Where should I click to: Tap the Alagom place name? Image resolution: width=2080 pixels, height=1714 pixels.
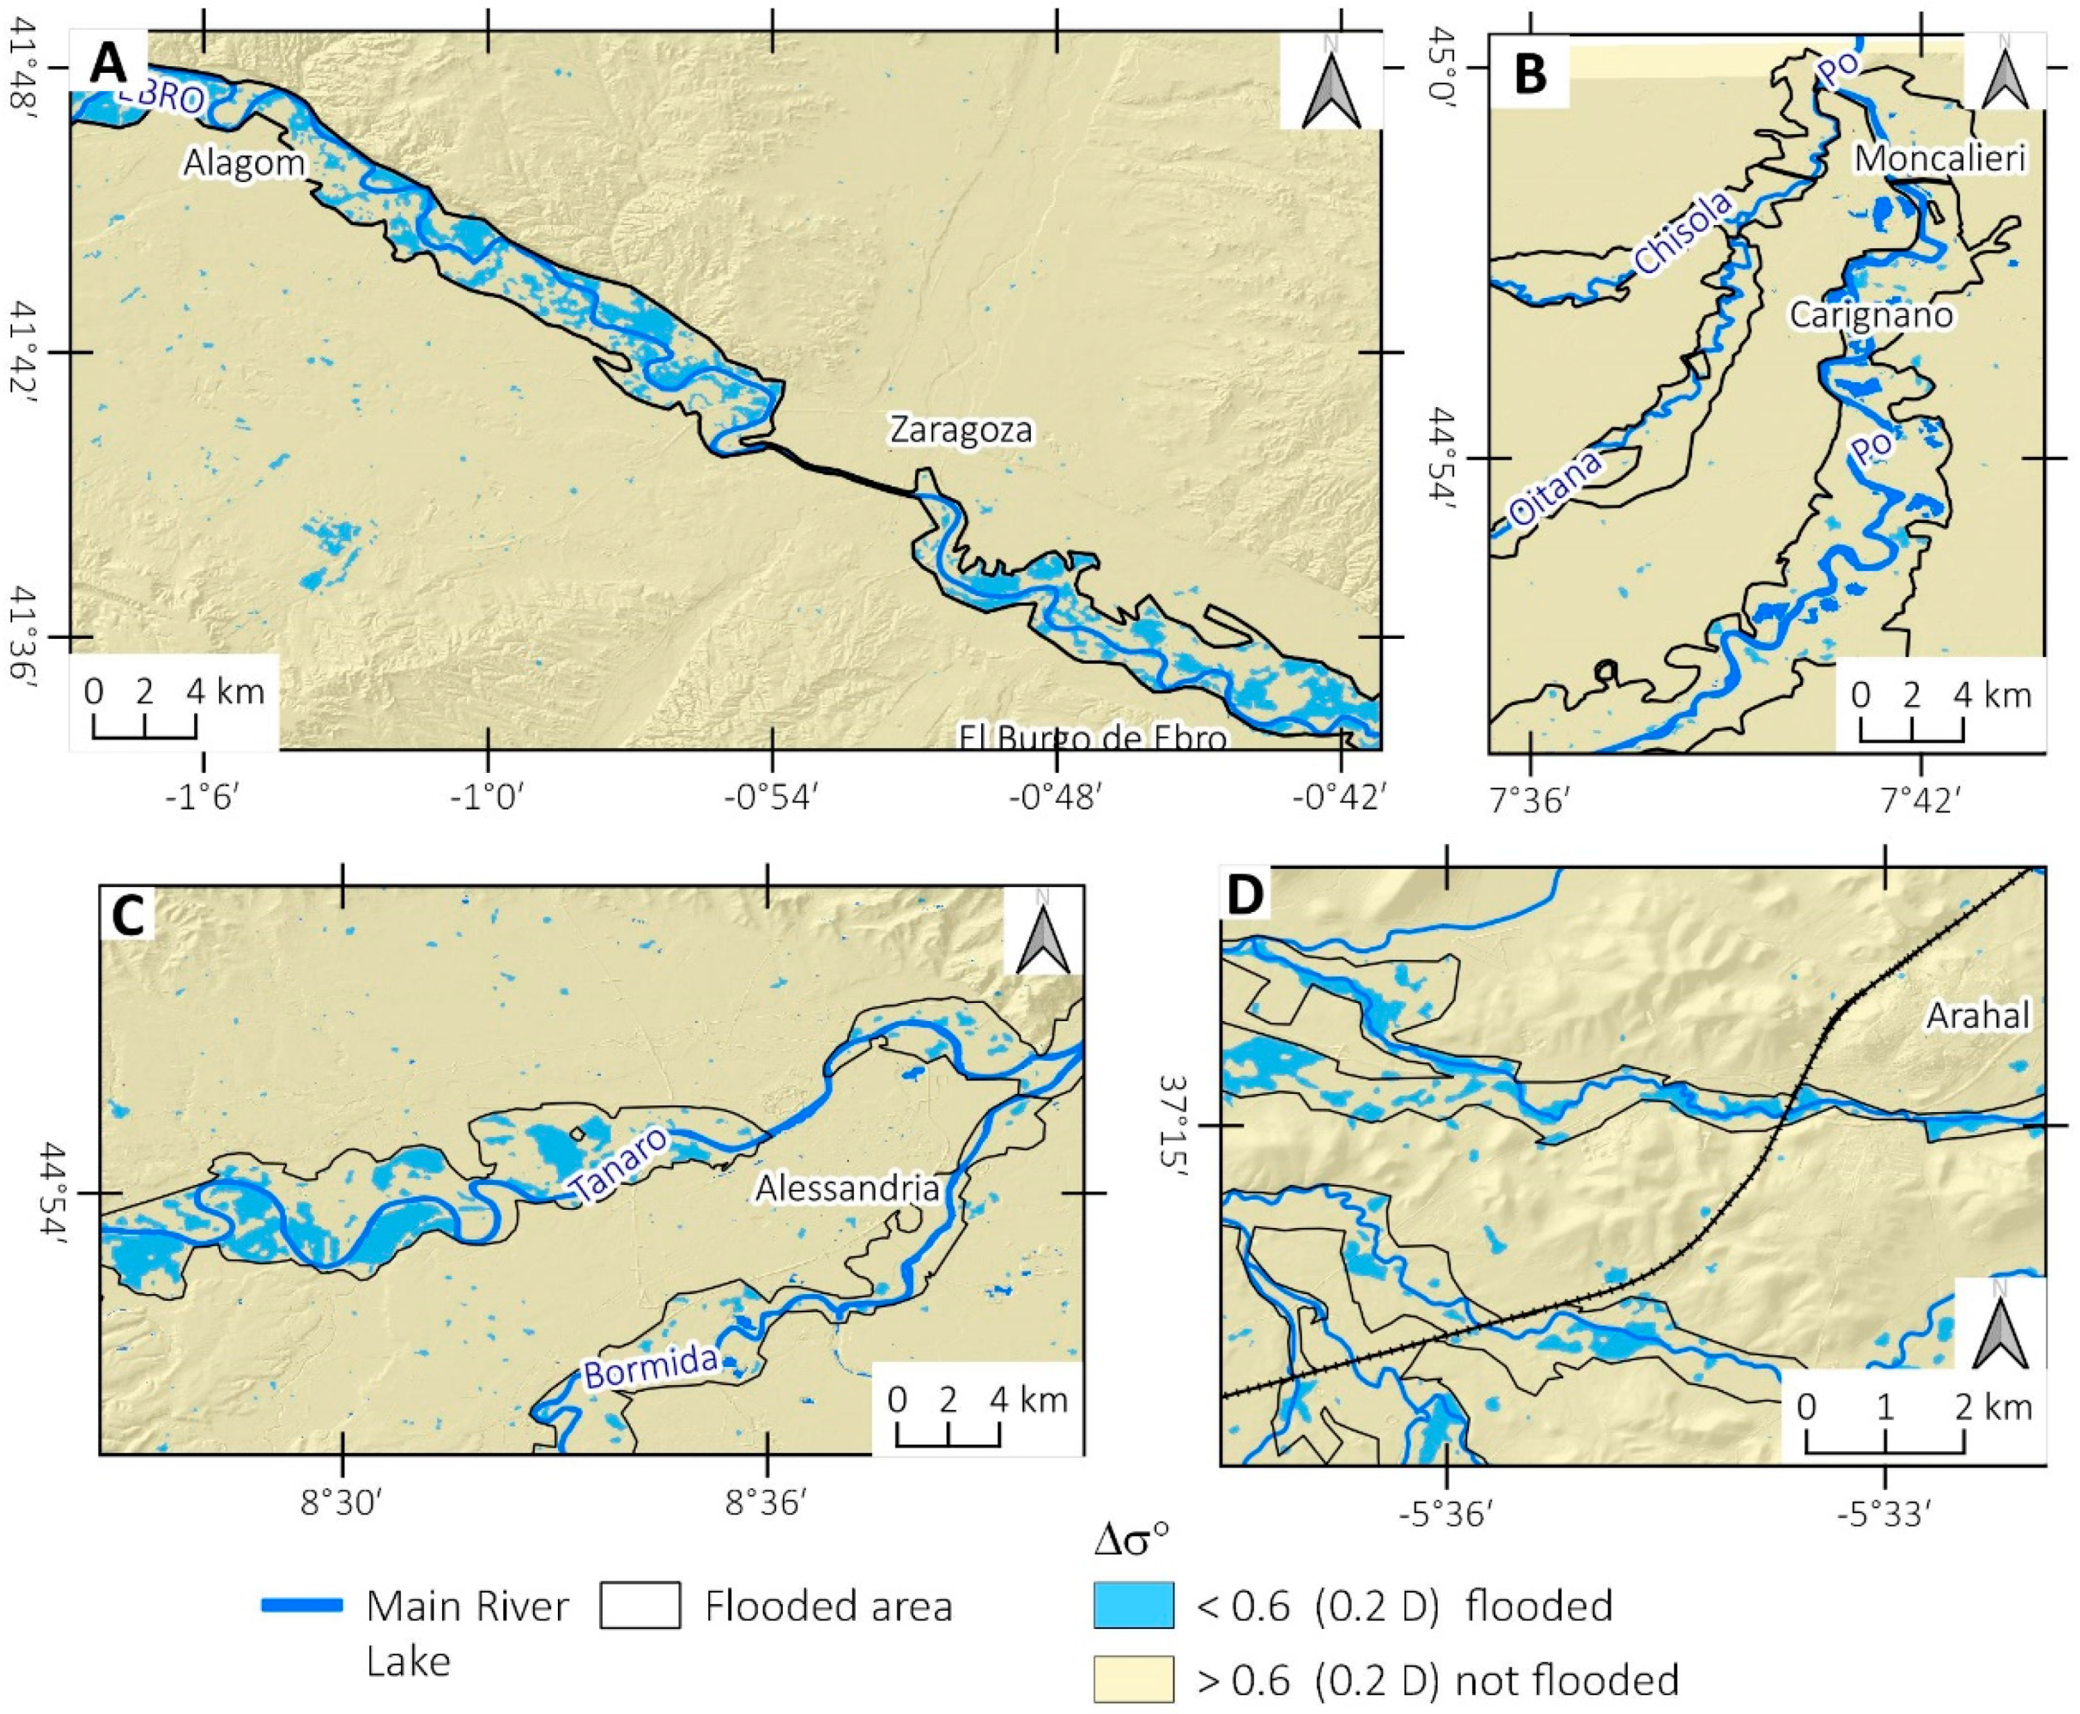[244, 163]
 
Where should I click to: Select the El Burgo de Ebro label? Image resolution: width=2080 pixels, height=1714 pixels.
[1093, 739]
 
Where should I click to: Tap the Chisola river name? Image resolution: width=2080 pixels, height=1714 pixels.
[1682, 233]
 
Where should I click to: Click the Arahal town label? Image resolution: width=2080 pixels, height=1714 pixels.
[1978, 1016]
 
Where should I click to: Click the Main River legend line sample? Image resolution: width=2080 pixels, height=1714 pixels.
[302, 1604]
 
